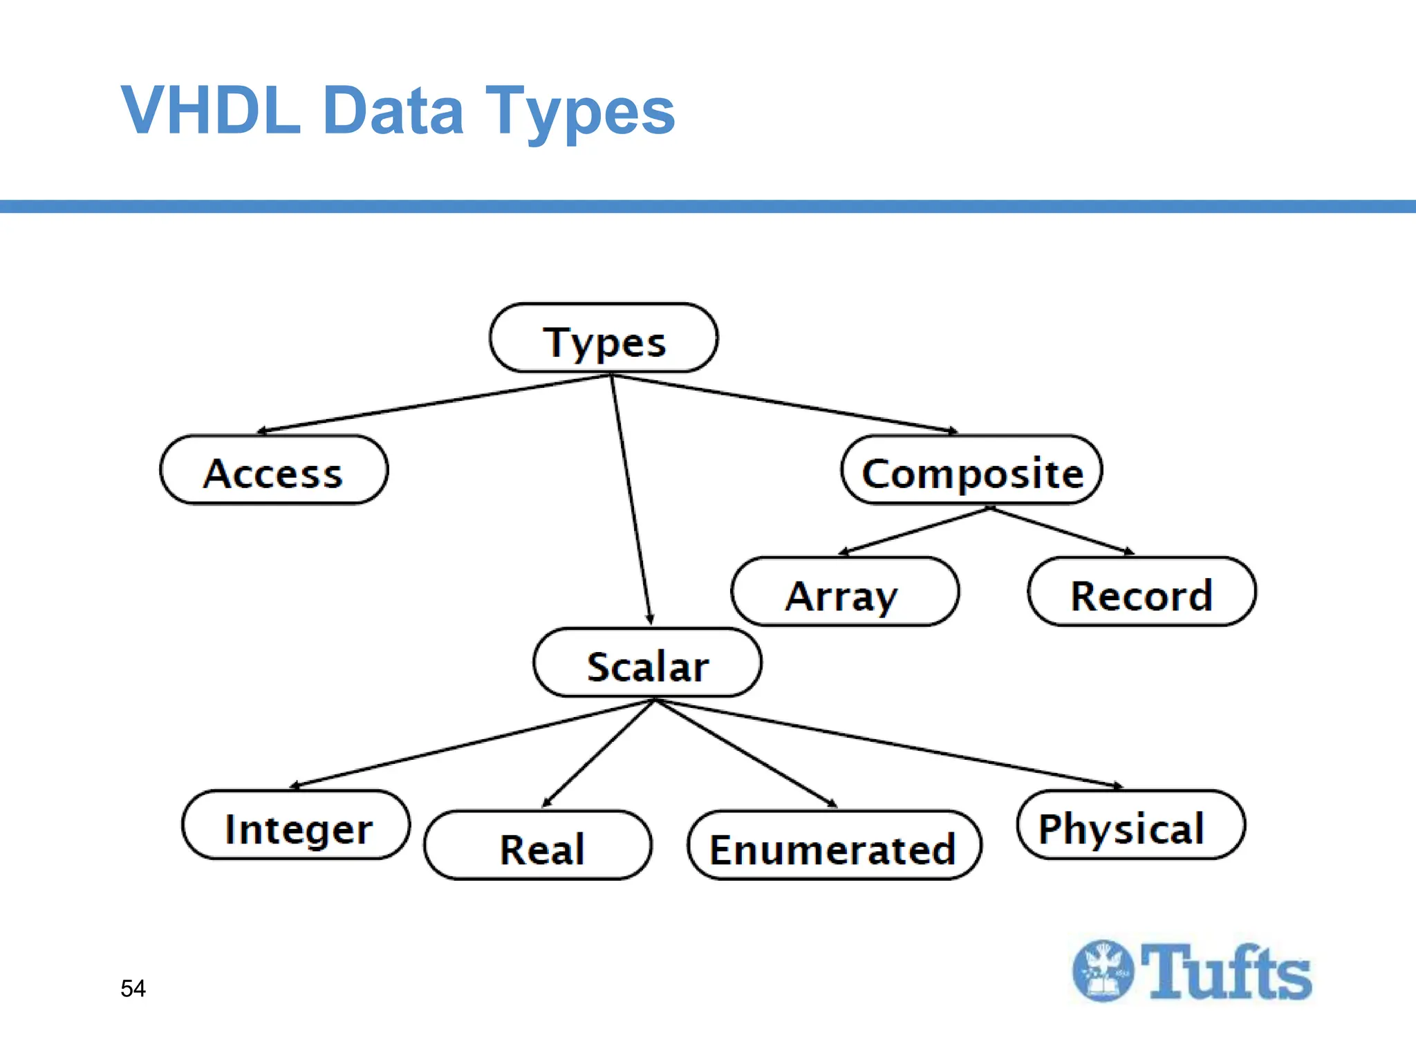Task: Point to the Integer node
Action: point(296,826)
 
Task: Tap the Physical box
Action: point(1130,826)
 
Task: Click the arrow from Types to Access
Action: point(434,404)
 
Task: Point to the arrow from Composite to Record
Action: point(1062,531)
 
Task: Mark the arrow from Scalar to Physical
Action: point(888,744)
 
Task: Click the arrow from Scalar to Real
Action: point(598,754)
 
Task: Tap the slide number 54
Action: point(133,989)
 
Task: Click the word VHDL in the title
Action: point(212,111)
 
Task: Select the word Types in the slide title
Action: point(579,111)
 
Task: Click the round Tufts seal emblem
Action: point(1103,971)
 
